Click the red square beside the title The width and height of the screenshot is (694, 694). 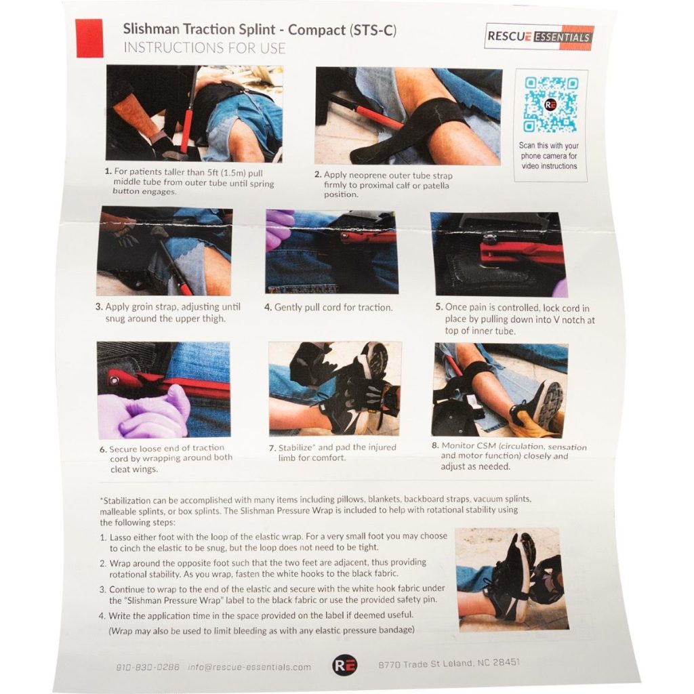89,38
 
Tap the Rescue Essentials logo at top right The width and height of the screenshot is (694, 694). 539,37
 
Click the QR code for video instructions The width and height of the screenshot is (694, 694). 550,105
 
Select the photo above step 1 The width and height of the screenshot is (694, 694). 194,113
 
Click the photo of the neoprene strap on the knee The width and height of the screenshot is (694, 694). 409,116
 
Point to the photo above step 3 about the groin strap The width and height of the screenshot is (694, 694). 165,251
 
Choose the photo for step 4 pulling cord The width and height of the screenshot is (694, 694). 331,251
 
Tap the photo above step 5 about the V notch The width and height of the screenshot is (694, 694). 499,253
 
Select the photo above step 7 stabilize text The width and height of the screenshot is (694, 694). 335,388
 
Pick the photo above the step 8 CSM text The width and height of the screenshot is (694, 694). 500,390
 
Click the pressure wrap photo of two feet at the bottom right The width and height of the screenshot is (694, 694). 512,579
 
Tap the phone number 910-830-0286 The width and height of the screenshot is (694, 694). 148,667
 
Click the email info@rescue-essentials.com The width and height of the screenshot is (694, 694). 249,667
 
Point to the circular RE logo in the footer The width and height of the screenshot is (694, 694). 342,666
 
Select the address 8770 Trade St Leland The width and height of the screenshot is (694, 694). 449,664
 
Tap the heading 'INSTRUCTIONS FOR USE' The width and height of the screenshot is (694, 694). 204,48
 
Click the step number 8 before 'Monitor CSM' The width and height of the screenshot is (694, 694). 435,447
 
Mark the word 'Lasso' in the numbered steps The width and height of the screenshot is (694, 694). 123,536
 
